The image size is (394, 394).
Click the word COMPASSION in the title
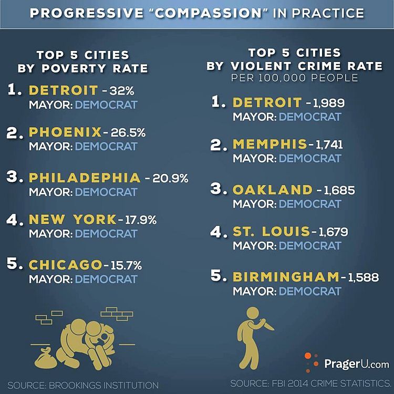[200, 12]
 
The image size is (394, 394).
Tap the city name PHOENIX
[65, 132]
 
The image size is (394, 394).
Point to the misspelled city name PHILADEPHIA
[85, 178]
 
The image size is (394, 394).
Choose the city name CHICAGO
[65, 265]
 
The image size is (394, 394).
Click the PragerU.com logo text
[357, 363]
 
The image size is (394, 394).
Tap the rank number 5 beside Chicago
[13, 264]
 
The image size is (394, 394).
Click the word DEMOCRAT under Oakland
[309, 203]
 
